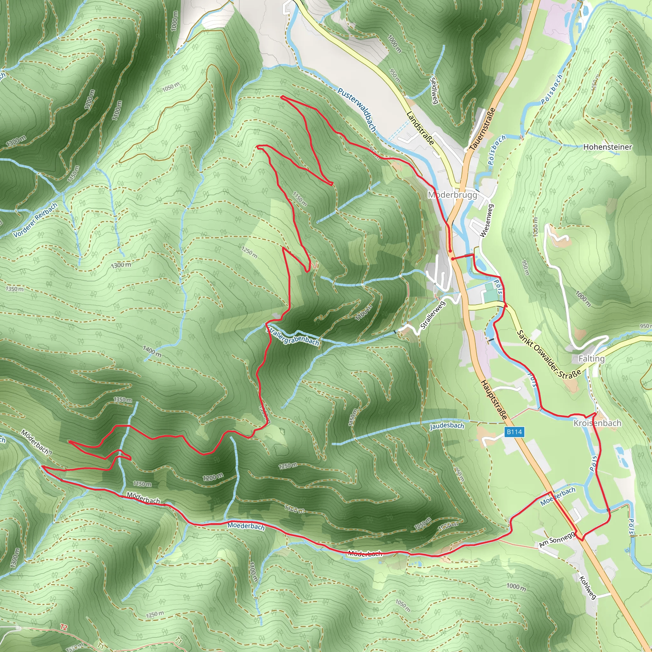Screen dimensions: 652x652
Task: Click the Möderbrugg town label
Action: [452, 195]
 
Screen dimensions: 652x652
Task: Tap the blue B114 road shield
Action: [514, 432]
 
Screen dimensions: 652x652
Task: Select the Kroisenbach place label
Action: [597, 423]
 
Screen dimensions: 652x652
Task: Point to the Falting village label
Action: [591, 359]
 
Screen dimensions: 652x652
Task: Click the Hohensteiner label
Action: [607, 147]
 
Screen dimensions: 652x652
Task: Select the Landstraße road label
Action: [420, 128]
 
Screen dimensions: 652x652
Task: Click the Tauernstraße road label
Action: [483, 129]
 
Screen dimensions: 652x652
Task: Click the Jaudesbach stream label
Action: [447, 426]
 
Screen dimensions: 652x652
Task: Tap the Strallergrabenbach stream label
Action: [292, 336]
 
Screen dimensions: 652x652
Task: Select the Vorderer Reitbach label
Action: [35, 220]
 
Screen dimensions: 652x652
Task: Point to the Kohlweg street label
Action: [588, 587]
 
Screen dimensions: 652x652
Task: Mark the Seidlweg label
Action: [434, 91]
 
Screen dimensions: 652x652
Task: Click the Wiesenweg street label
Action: [486, 221]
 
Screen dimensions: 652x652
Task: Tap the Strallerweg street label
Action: [433, 315]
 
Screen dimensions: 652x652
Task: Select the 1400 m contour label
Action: [152, 351]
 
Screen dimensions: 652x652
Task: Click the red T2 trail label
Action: [64, 627]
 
